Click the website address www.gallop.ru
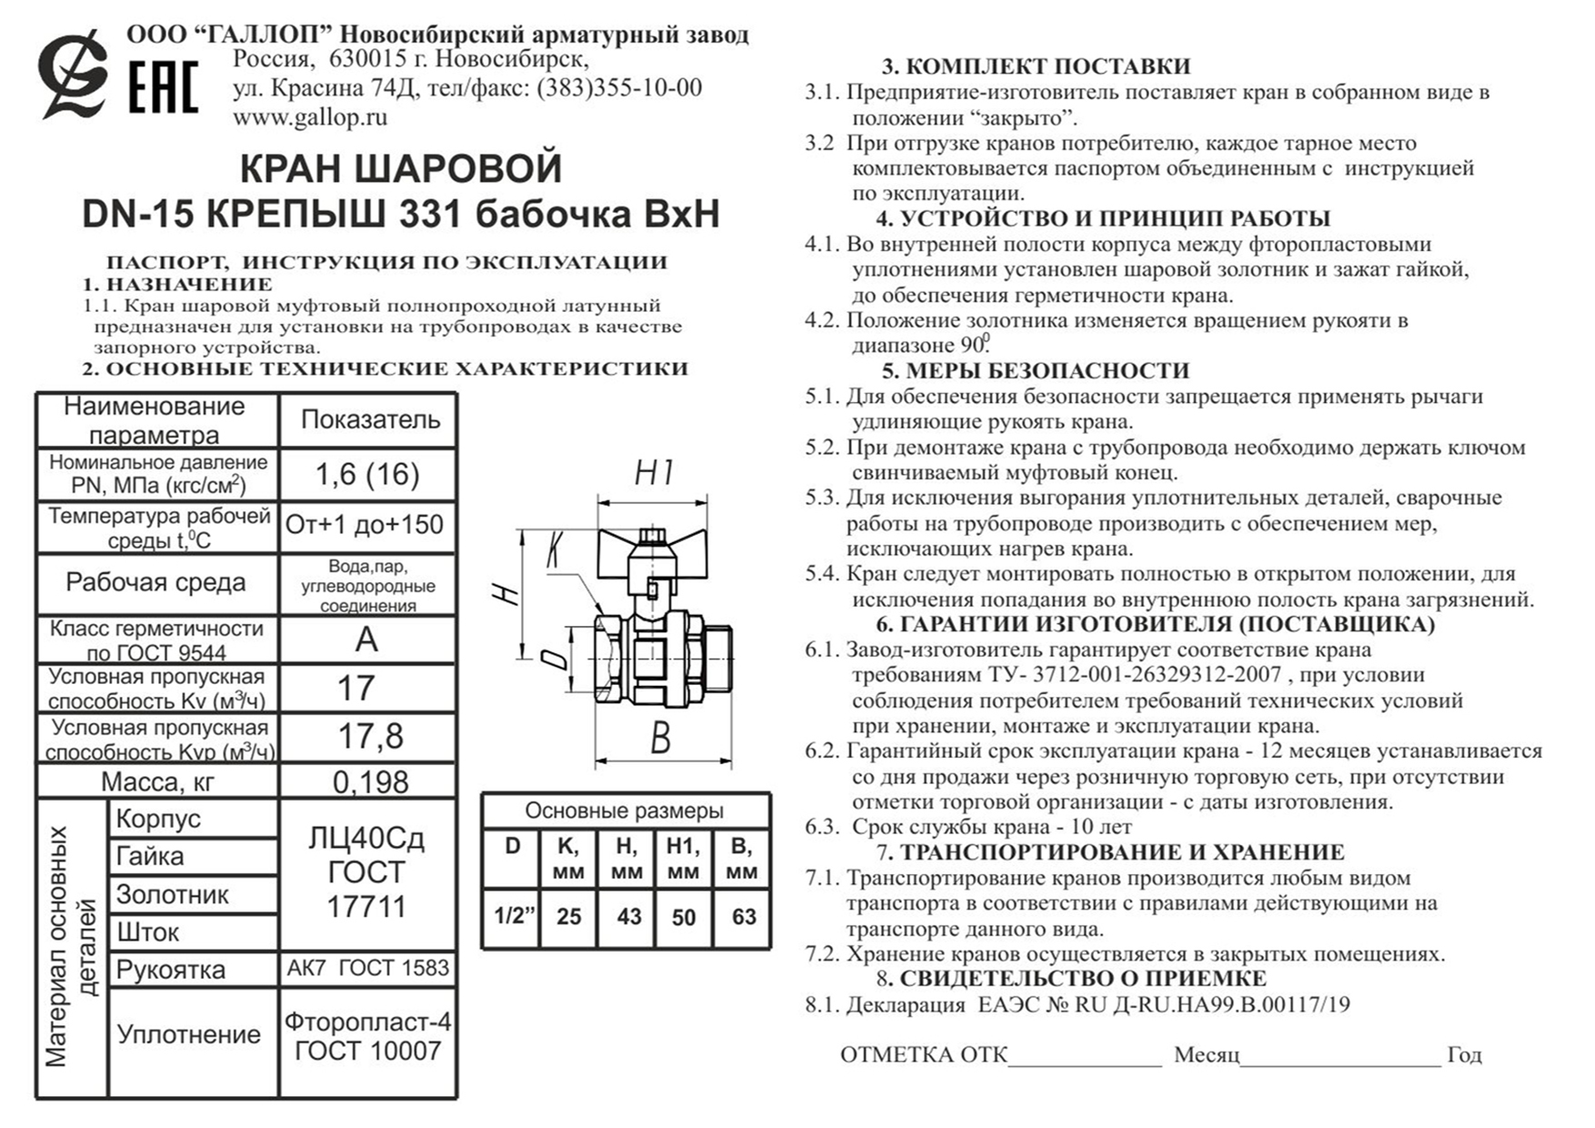(x=310, y=117)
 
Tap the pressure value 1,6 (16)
(x=366, y=474)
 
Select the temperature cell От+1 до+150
(x=365, y=525)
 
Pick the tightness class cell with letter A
(x=366, y=640)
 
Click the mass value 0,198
(x=370, y=781)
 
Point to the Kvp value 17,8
(x=369, y=736)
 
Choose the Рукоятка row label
(x=171, y=970)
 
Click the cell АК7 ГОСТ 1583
(x=367, y=968)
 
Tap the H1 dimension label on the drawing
(x=654, y=473)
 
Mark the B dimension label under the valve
(x=661, y=739)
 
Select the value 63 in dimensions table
(x=743, y=916)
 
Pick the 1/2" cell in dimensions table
(x=513, y=915)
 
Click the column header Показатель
(x=370, y=419)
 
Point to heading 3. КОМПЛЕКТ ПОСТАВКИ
(x=1036, y=66)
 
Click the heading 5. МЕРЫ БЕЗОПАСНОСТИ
(x=1035, y=370)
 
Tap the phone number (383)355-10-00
(x=619, y=88)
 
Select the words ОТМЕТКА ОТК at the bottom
(x=923, y=1054)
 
